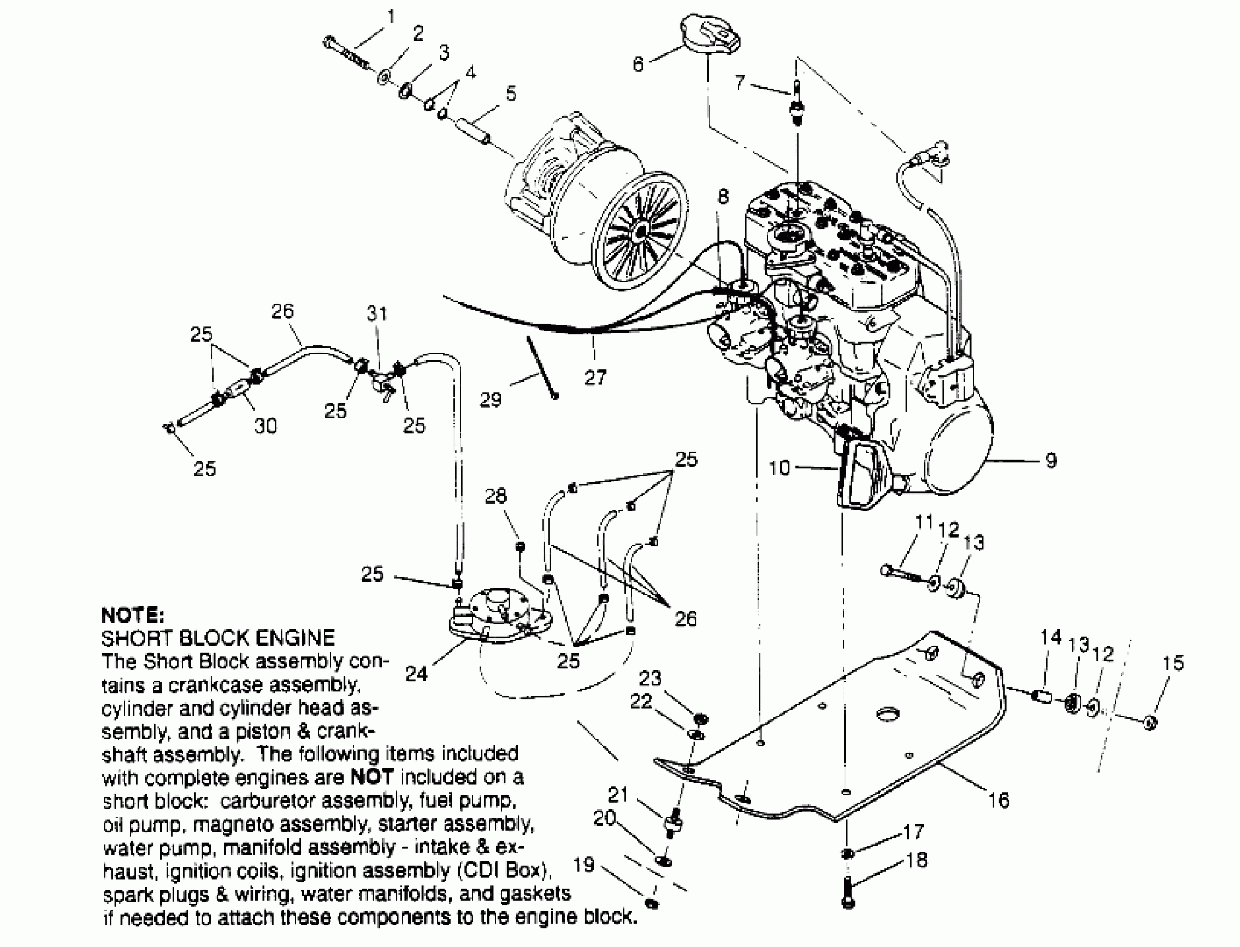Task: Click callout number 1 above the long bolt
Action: [390, 16]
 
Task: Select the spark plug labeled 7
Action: [797, 104]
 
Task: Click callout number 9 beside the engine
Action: [1051, 461]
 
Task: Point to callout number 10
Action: [779, 467]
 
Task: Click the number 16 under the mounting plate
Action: [999, 800]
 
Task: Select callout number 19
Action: [584, 864]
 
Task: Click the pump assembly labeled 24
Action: [494, 618]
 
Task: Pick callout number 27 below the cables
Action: [595, 377]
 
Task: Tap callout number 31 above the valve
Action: [377, 314]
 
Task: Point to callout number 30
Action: [266, 426]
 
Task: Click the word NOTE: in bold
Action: [133, 614]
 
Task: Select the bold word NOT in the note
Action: [372, 777]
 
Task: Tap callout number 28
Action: [496, 495]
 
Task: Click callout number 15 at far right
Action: [1173, 663]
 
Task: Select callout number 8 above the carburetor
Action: [722, 197]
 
